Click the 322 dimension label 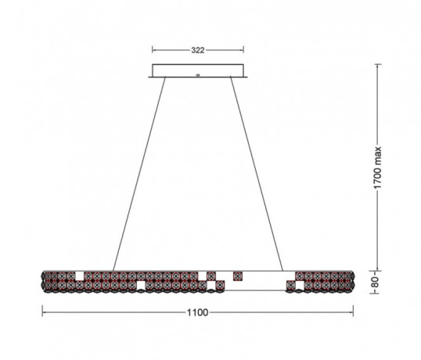tap(198, 50)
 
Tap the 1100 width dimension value tap(198, 312)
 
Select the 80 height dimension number tap(375, 282)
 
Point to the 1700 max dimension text tap(377, 167)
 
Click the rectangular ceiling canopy tap(198, 70)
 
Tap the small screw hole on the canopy tap(198, 75)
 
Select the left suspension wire tap(139, 174)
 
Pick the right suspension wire tap(257, 174)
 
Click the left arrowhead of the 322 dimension tap(154, 49)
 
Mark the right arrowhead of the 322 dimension tap(242, 49)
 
